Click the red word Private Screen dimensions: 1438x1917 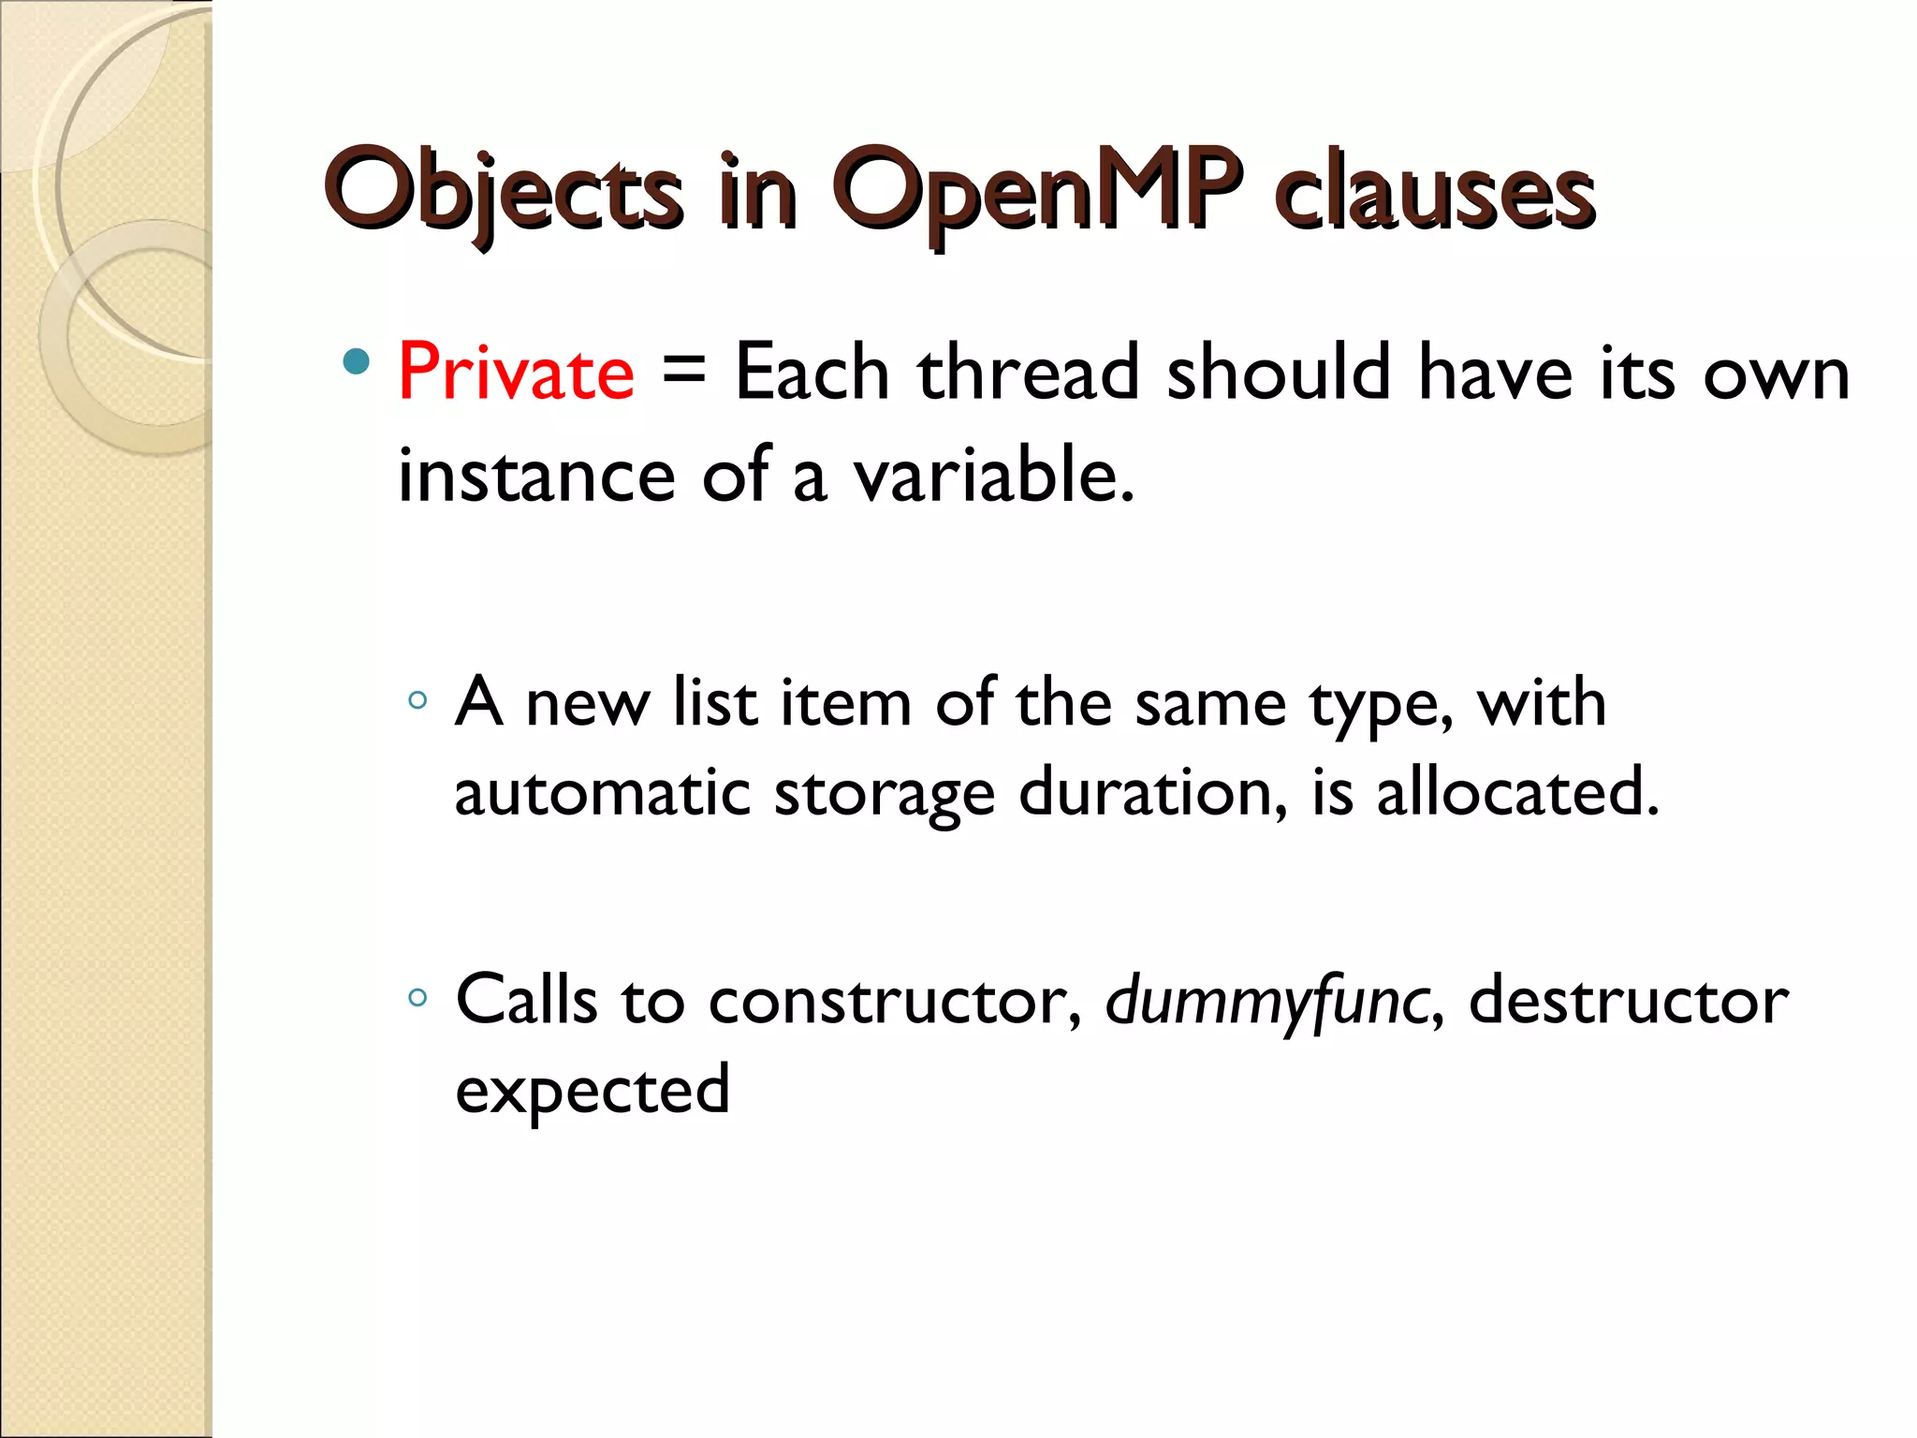pos(516,373)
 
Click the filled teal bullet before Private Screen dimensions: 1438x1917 pos(356,362)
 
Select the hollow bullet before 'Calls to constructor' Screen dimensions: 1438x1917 pos(417,998)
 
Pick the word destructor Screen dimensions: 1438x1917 pos(1628,1000)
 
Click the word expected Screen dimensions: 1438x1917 pos(592,1091)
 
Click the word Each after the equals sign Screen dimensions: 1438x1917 pos(812,373)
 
